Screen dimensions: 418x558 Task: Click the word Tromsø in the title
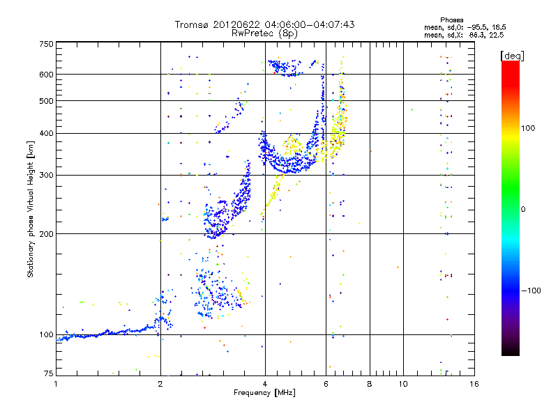(194, 24)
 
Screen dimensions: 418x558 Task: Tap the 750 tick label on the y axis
(46, 44)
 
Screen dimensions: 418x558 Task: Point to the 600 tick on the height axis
(46, 74)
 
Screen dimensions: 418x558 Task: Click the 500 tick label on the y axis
(46, 100)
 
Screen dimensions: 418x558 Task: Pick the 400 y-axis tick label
(46, 133)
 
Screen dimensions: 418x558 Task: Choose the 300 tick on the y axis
(46, 175)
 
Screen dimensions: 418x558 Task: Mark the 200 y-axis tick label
(46, 233)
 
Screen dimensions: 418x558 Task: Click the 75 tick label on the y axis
(48, 375)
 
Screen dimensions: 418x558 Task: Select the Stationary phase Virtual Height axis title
(31, 209)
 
